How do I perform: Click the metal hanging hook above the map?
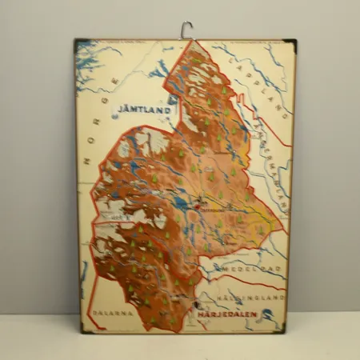[x=187, y=30]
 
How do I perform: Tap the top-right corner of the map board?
[x=294, y=41]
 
